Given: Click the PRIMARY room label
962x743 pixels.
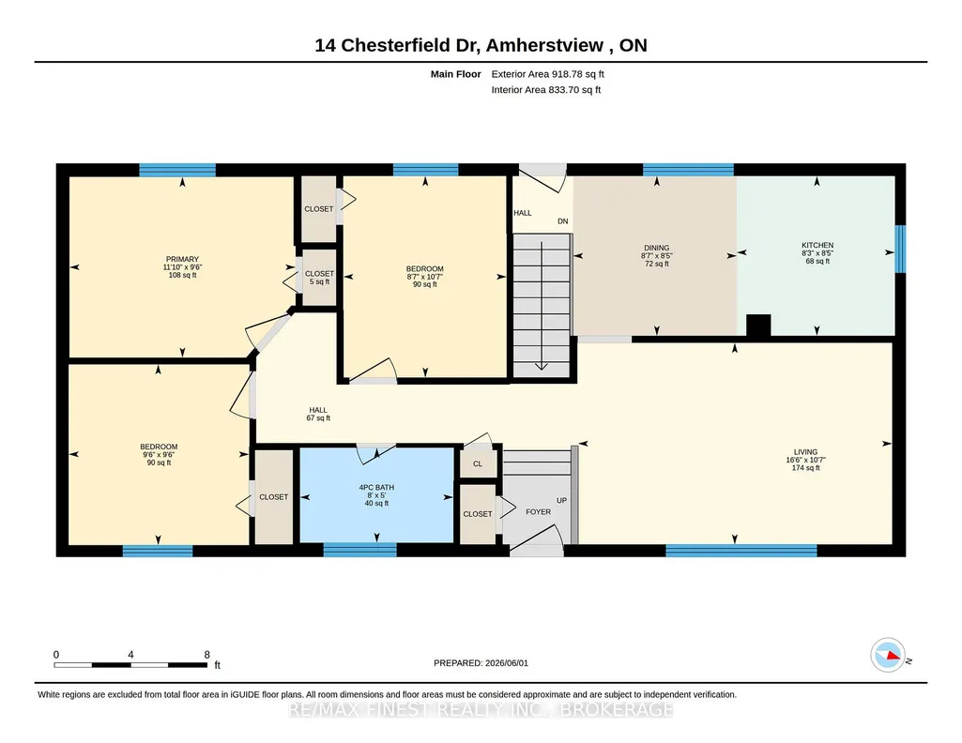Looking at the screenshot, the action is (182, 259).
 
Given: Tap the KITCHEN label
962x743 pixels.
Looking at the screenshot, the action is (817, 245).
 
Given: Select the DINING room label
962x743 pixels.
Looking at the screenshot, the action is (656, 249).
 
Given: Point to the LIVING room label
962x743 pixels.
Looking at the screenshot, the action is (805, 452).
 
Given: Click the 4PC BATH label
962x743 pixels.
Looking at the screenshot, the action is (376, 488).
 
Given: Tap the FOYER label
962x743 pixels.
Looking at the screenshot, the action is (538, 512).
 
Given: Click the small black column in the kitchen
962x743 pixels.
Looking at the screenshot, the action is (758, 325).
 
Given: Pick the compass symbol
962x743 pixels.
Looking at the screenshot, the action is (888, 656).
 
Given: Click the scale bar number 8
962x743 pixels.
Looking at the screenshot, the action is (207, 655).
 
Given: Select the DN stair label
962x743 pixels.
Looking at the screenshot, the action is (562, 221).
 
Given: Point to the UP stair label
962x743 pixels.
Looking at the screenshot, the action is (561, 500).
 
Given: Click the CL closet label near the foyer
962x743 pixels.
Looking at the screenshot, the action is (478, 464).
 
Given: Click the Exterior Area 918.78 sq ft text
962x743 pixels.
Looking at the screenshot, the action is (548, 74).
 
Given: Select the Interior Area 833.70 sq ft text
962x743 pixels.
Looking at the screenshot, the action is (546, 89).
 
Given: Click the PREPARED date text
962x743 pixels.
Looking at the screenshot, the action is (481, 662).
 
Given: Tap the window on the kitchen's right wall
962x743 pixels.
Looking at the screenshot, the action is (900, 249).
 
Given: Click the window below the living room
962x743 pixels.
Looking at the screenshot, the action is (741, 551).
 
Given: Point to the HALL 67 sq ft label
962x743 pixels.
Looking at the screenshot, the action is (318, 414).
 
